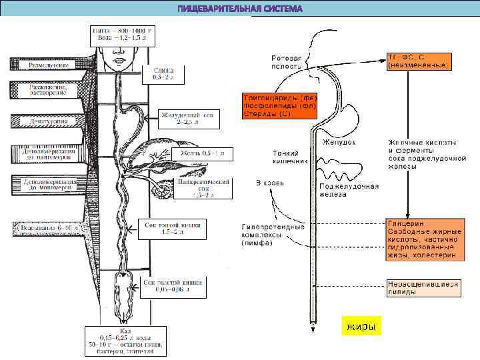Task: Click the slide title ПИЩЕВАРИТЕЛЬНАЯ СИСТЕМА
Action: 239,9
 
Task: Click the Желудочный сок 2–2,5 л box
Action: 188,119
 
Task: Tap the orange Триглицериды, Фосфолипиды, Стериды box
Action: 279,106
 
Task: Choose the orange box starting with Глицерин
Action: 421,239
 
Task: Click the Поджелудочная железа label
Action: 349,190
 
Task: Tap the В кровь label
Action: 270,183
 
